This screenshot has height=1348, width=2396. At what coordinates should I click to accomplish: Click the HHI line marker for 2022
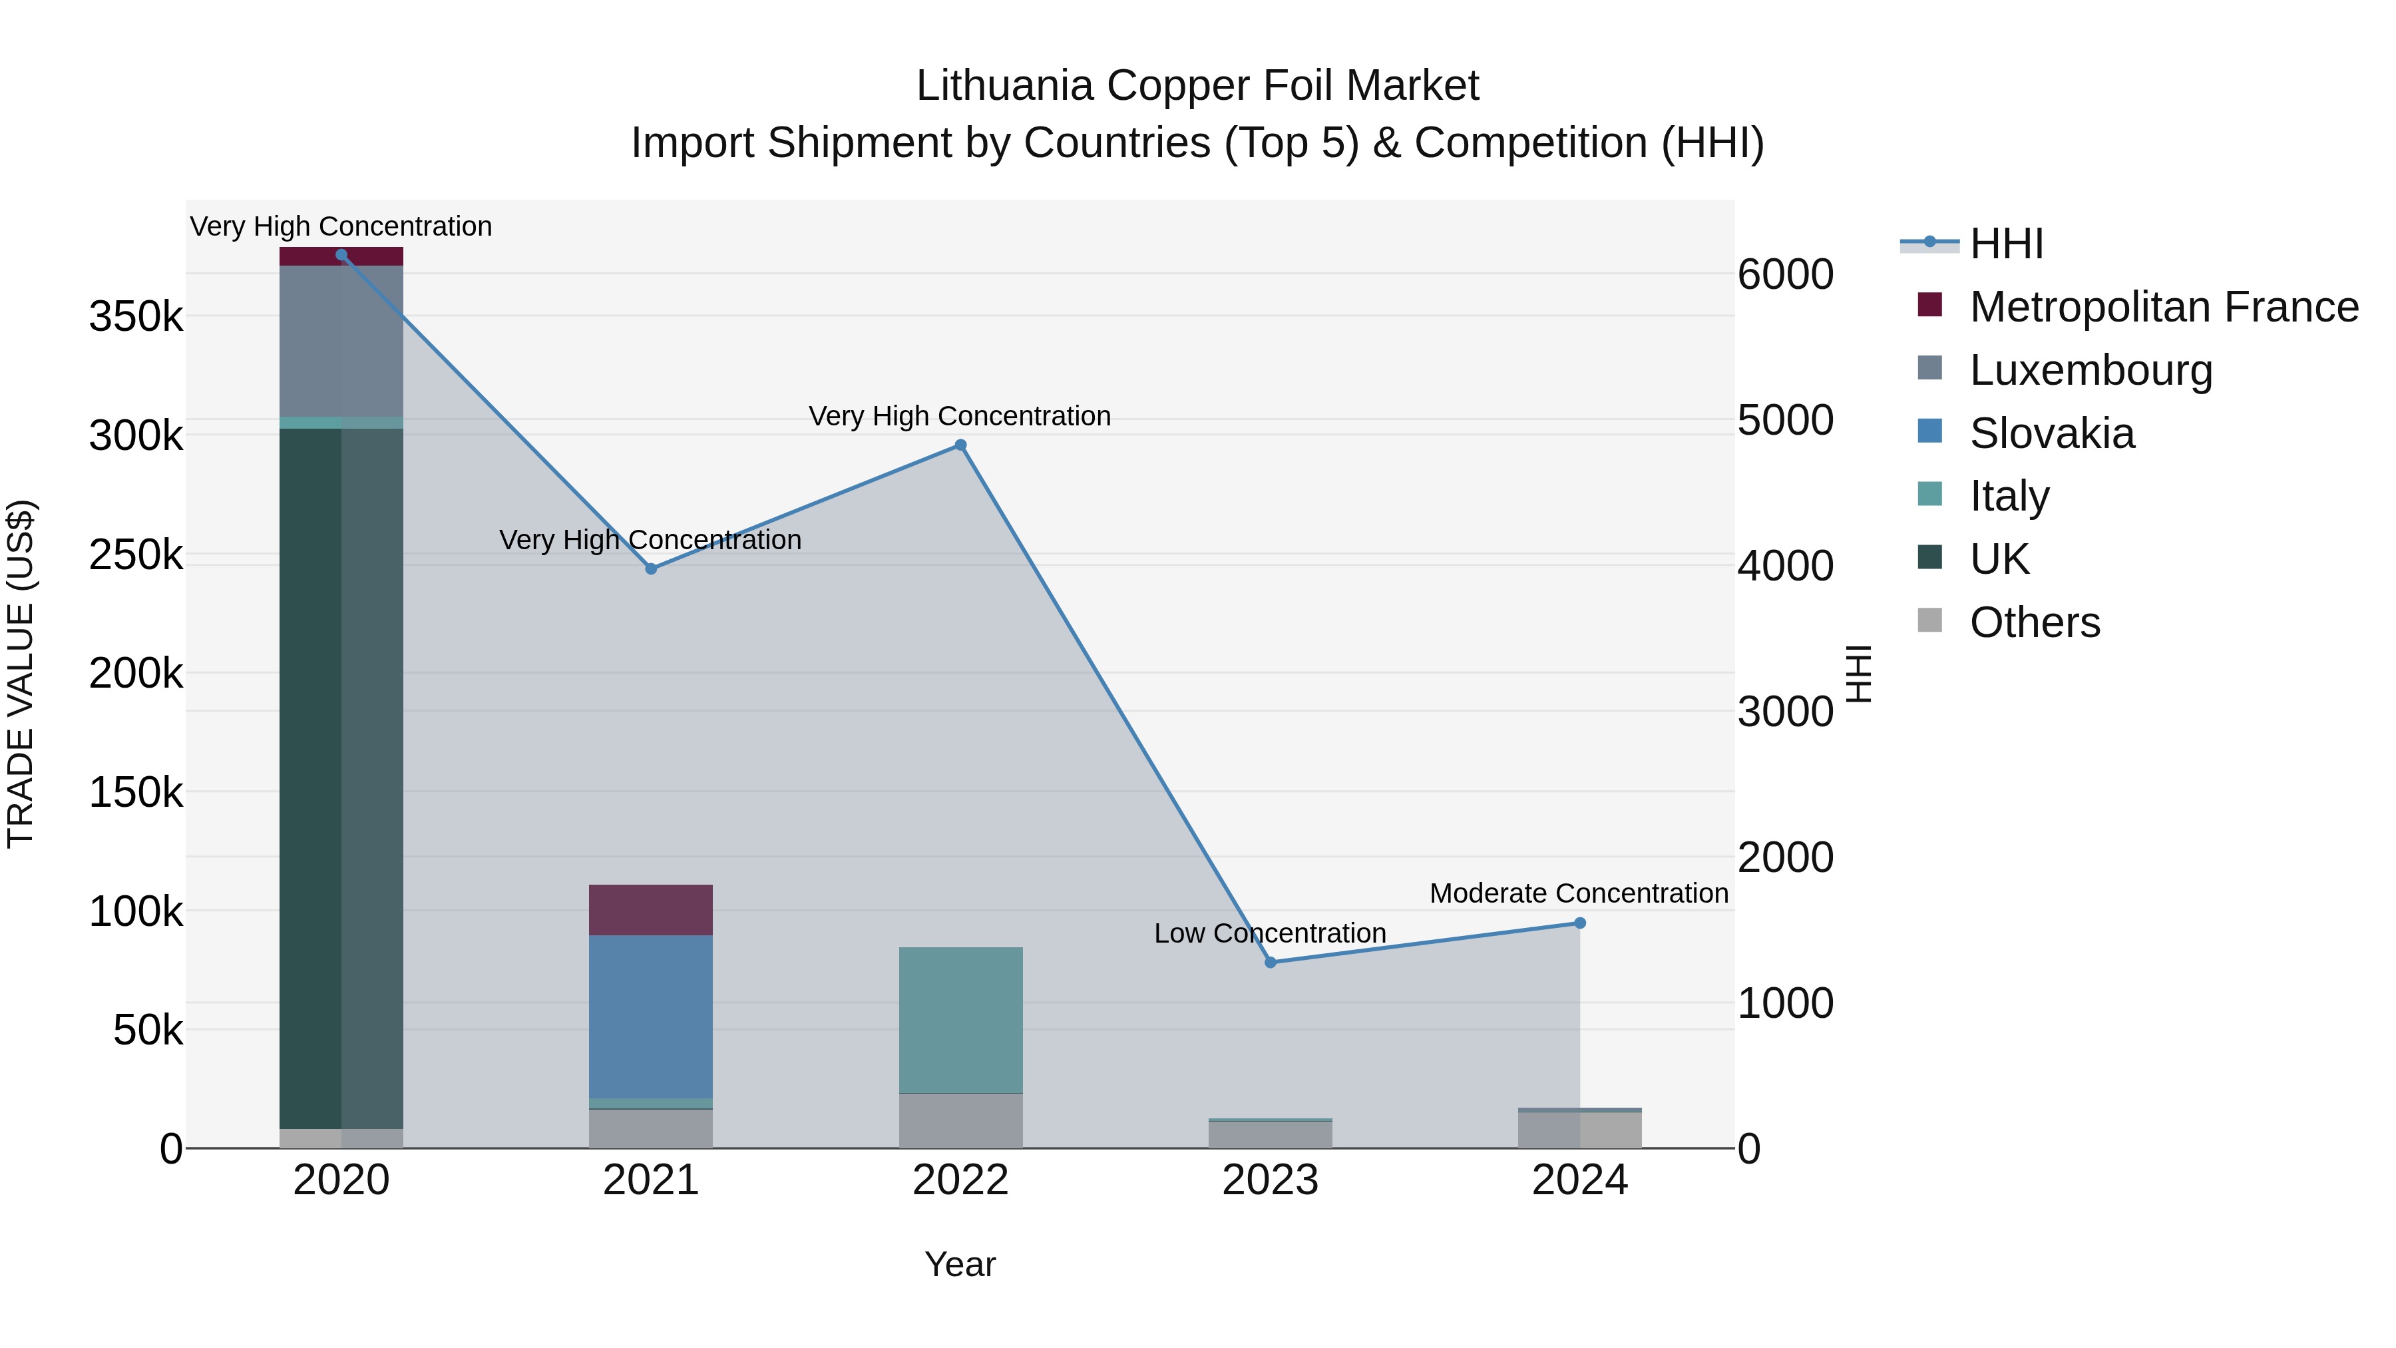pos(961,445)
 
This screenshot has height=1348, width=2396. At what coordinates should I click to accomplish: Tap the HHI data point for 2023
pos(1271,962)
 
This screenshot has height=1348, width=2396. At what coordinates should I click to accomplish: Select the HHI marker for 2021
pos(651,568)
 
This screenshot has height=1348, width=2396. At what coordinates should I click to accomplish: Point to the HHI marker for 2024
pos(1579,923)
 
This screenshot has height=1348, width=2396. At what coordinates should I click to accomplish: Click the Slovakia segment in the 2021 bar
pos(651,1016)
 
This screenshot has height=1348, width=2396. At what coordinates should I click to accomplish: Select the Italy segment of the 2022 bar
pos(961,1020)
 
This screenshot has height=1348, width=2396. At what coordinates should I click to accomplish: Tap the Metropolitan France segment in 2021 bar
pos(651,910)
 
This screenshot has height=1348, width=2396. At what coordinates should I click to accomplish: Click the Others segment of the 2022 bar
pos(961,1120)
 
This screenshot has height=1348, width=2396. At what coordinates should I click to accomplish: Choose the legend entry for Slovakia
pos(2051,433)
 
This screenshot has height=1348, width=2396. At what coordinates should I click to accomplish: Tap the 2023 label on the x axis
pos(1271,1180)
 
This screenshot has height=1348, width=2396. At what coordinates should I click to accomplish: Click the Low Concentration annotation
pos(1270,933)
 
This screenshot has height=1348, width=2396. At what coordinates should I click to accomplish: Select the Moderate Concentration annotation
pos(1579,893)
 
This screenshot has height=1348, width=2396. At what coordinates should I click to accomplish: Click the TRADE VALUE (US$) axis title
pos(21,674)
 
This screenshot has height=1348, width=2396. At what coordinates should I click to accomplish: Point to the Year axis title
pos(960,1264)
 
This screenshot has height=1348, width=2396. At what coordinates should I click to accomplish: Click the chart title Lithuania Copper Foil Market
pos(1197,86)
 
